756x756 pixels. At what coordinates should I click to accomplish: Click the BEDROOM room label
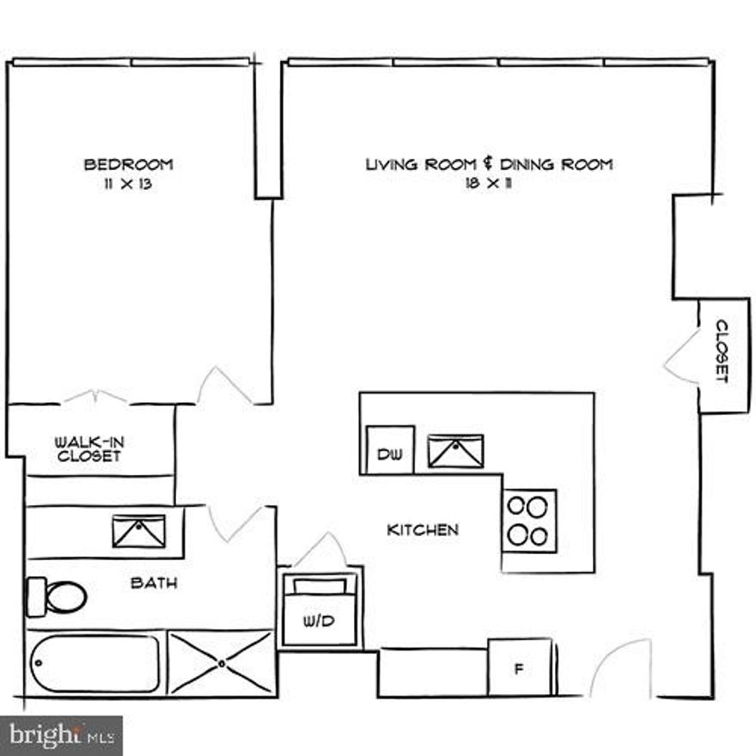128,164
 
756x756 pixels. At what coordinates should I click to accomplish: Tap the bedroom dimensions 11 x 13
128,183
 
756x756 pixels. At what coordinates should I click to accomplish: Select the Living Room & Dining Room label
490,164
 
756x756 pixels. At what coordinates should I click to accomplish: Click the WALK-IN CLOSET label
89,448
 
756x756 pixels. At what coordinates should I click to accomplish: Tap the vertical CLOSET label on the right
722,351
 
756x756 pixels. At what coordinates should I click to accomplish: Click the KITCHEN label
423,530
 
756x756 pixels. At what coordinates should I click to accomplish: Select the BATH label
155,583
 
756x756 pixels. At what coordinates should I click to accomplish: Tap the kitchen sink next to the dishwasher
456,451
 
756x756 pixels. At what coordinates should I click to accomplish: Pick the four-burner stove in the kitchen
528,520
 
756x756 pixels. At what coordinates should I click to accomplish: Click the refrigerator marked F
519,667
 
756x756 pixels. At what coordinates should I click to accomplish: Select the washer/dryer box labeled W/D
319,610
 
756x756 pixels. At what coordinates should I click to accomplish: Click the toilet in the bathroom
58,595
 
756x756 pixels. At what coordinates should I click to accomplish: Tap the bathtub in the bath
94,663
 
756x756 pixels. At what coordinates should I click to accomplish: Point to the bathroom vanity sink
138,531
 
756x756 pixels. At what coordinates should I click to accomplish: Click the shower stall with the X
221,662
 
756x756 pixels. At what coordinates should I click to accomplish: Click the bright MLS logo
61,735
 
